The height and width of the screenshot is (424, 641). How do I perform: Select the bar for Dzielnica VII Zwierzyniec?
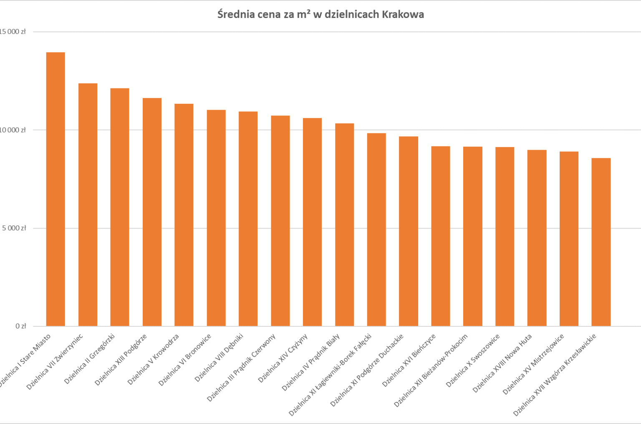(x=88, y=205)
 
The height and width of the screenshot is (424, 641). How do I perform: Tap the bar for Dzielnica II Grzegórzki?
(x=120, y=207)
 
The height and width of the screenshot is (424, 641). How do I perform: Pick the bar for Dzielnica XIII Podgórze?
(x=152, y=212)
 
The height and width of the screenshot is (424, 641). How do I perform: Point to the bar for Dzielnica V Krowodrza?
(x=184, y=215)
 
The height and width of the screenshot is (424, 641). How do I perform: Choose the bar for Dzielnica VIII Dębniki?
(x=248, y=219)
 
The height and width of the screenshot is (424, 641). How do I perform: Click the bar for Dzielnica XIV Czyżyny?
(x=312, y=222)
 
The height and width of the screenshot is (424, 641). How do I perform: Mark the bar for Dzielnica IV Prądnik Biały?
(x=344, y=225)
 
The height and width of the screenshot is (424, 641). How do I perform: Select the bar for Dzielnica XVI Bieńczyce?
(x=441, y=236)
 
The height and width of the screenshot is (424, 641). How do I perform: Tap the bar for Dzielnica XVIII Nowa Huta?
(x=537, y=238)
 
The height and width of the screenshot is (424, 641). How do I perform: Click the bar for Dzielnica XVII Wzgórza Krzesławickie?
(x=601, y=242)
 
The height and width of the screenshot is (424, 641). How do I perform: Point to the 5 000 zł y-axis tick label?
(x=14, y=228)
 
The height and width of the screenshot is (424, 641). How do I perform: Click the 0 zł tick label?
(x=21, y=326)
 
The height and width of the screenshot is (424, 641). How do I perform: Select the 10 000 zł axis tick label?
(x=13, y=130)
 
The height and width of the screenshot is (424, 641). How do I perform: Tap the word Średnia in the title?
(x=235, y=15)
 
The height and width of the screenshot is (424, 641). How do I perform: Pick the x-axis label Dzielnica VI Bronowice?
(x=184, y=360)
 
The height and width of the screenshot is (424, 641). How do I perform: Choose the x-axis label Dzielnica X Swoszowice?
(x=472, y=361)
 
